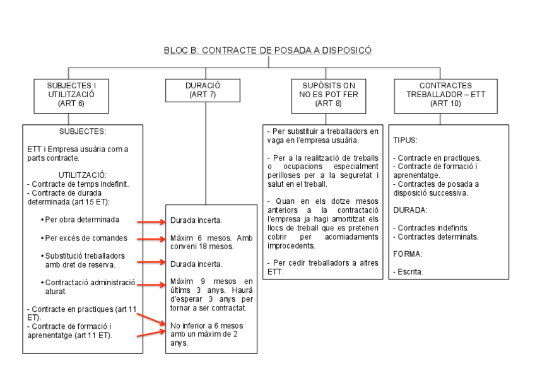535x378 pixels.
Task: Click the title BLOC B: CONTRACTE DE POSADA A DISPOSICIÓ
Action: point(267,50)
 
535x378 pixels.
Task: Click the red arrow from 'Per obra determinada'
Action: point(151,221)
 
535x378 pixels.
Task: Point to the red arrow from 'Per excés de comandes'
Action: point(151,239)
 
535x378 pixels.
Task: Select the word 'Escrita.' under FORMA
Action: point(408,272)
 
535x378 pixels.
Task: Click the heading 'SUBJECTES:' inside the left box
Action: point(83,132)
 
